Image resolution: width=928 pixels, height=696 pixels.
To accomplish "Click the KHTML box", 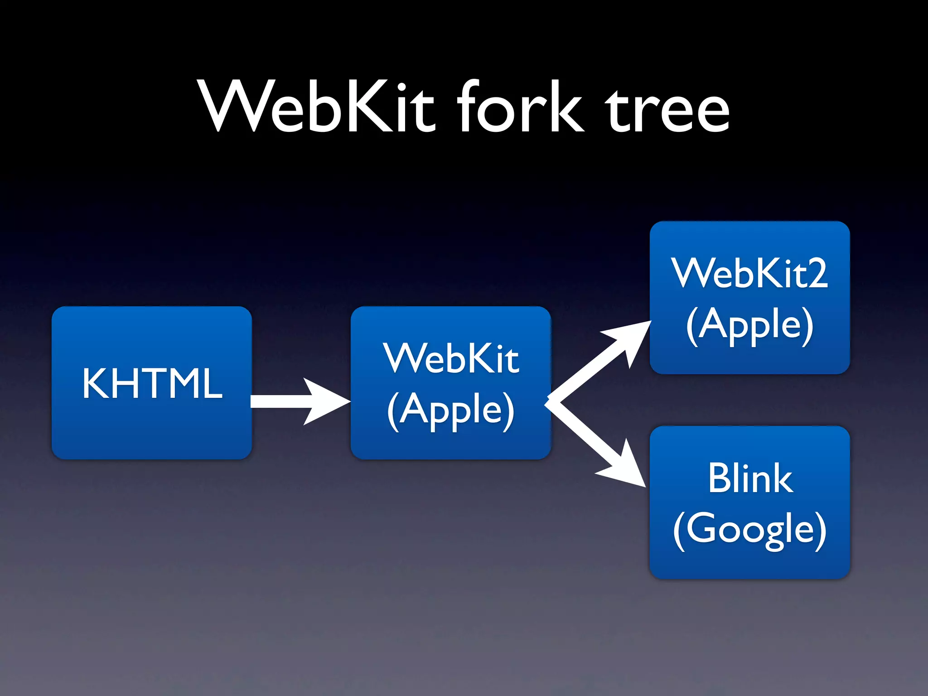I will tap(152, 435).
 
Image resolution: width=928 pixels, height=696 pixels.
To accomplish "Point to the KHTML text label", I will tap(152, 383).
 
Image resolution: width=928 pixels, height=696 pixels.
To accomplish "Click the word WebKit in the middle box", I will tap(451, 359).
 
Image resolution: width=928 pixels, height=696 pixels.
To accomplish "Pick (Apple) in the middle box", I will tap(451, 411).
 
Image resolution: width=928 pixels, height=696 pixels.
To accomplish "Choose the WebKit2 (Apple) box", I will tap(750, 358).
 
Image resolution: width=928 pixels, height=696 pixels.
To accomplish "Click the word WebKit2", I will tap(750, 273).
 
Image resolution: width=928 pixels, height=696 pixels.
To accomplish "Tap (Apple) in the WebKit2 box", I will tap(750, 325).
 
